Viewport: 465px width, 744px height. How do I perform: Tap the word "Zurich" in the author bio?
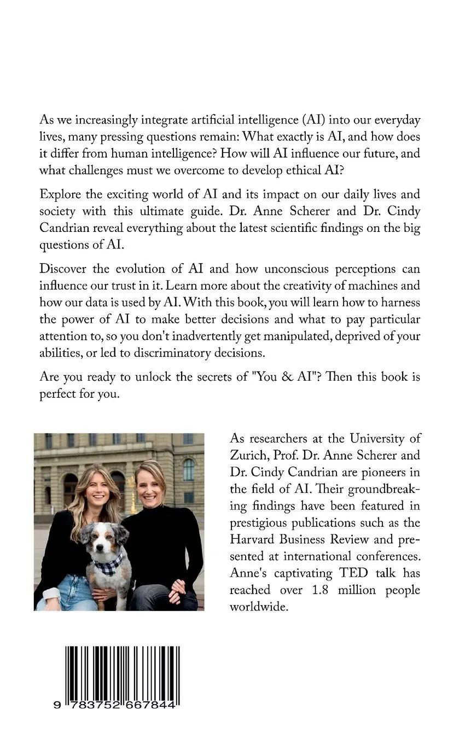(248, 455)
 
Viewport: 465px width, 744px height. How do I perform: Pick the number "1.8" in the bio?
(321, 590)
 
